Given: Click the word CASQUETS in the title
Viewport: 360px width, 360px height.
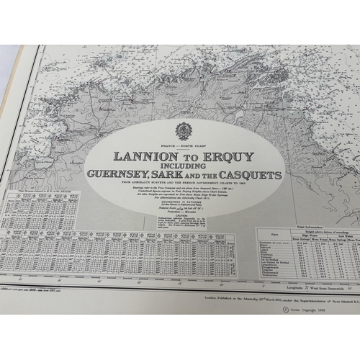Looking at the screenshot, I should [x=256, y=174].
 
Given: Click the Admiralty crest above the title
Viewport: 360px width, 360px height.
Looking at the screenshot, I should [x=184, y=131].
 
